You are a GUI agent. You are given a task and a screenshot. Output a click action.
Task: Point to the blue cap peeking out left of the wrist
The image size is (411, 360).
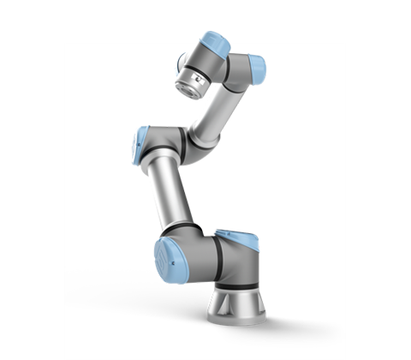tap(182, 60)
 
